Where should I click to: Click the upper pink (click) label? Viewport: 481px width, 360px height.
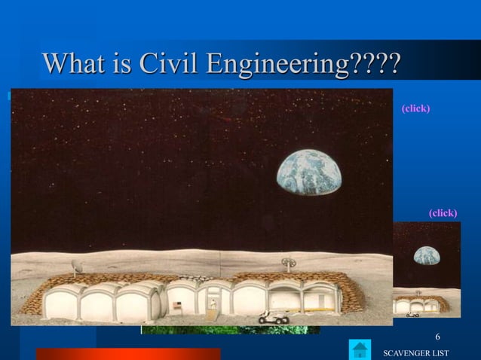[x=416, y=108]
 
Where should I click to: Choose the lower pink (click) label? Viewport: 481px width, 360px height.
[x=443, y=213]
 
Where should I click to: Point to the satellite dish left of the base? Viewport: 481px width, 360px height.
[x=75, y=266]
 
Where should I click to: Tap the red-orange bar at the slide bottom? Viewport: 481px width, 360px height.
[x=128, y=353]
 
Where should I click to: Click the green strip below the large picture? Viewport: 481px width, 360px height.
[x=230, y=330]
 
